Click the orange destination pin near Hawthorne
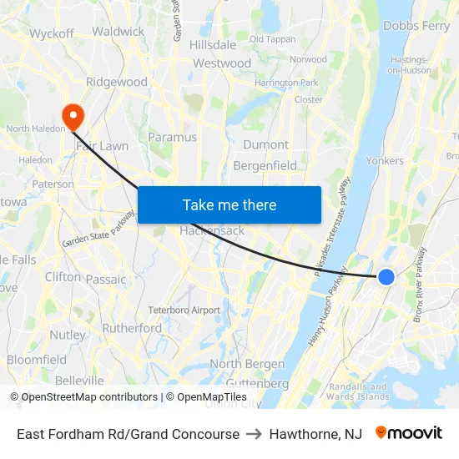(x=73, y=115)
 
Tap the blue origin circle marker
(x=386, y=276)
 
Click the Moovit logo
(x=408, y=433)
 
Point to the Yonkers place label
(x=385, y=160)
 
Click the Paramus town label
(x=172, y=137)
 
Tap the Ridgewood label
(x=117, y=83)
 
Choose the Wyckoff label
(x=52, y=34)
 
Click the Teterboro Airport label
(x=184, y=310)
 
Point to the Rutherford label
(x=132, y=328)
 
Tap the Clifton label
(x=63, y=276)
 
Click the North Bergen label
(x=247, y=364)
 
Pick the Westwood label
(x=222, y=63)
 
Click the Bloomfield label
(x=37, y=360)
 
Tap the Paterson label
(x=53, y=184)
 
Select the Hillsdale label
(x=213, y=44)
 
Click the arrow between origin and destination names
(x=254, y=434)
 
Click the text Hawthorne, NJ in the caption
(x=315, y=434)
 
